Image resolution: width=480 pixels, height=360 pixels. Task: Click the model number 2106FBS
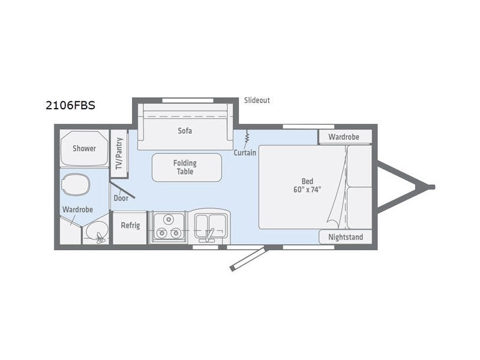pyautogui.click(x=70, y=106)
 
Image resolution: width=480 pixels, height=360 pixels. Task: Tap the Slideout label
pyautogui.click(x=257, y=100)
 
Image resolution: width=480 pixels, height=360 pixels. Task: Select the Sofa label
pyautogui.click(x=185, y=131)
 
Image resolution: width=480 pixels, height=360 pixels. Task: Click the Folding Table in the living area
pyautogui.click(x=187, y=167)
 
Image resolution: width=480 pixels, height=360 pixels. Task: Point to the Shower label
pyautogui.click(x=84, y=148)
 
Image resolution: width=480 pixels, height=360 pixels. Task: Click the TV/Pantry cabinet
pyautogui.click(x=119, y=154)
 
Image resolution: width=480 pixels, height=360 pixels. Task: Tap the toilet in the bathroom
pyautogui.click(x=76, y=185)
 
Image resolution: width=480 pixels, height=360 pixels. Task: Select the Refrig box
pyautogui.click(x=130, y=228)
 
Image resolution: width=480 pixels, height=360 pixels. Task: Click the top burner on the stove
pyautogui.click(x=168, y=219)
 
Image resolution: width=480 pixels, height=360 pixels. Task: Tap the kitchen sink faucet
pyautogui.click(x=210, y=235)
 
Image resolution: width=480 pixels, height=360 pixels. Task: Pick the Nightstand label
pyautogui.click(x=346, y=237)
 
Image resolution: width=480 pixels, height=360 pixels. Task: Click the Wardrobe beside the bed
pyautogui.click(x=346, y=137)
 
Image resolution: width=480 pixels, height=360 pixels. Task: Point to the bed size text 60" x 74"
pyautogui.click(x=307, y=190)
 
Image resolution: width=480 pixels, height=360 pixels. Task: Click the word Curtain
pyautogui.click(x=245, y=152)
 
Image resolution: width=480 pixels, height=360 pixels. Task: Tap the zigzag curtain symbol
pyautogui.click(x=247, y=137)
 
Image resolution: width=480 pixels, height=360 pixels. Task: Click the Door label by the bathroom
pyautogui.click(x=121, y=198)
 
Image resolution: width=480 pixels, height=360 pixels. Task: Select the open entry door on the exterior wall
pyautogui.click(x=249, y=259)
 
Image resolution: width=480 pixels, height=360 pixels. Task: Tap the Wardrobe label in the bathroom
pyautogui.click(x=77, y=209)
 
